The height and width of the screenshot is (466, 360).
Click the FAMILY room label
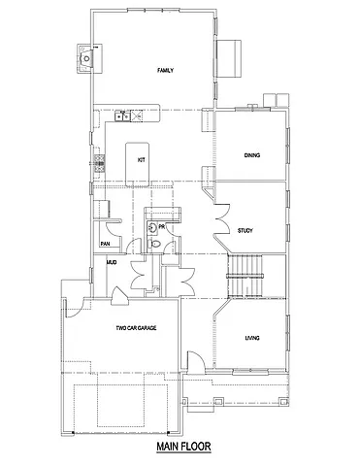pos(165,70)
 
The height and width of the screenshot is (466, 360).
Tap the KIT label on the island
pos(141,159)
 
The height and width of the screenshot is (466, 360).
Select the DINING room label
pos(252,155)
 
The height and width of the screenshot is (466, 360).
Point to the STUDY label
pos(245,230)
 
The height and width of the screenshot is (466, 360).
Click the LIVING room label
pos(252,337)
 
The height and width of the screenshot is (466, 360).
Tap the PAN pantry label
pos(103,244)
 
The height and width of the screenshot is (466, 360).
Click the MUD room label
pos(112,262)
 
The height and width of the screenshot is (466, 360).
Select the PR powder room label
pos(162,226)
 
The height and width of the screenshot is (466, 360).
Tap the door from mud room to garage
pos(119,293)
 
